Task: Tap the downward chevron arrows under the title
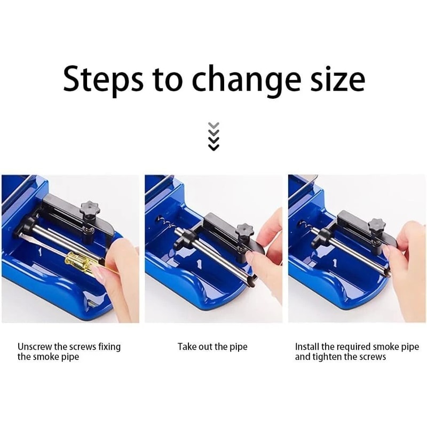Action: [213, 136]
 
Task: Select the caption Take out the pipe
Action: [212, 346]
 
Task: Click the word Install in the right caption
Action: [307, 346]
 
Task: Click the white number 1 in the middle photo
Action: [198, 263]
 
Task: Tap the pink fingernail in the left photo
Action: [100, 274]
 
